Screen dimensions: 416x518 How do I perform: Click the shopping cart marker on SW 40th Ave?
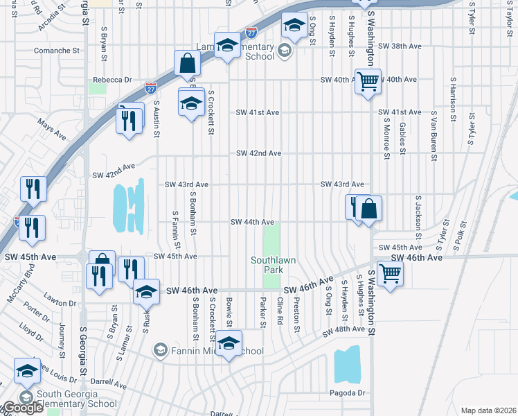click(x=368, y=80)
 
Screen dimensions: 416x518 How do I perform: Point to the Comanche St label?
click(x=57, y=51)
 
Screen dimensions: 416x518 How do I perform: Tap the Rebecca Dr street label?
click(x=111, y=80)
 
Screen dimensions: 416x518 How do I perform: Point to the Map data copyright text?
click(x=488, y=410)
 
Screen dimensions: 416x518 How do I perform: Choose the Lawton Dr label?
click(x=63, y=303)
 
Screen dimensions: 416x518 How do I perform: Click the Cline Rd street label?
click(x=280, y=310)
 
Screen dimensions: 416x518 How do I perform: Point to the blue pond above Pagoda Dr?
click(x=347, y=365)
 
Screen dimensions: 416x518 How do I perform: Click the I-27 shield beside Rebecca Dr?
click(x=151, y=87)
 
